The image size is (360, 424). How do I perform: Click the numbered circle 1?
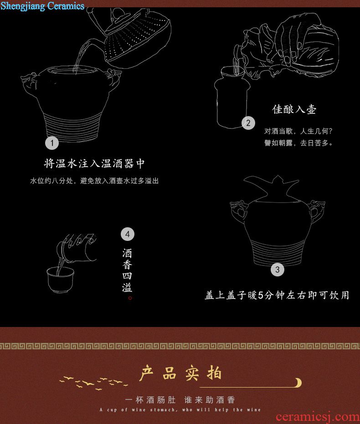click(52, 143)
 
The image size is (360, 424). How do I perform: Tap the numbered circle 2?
click(248, 123)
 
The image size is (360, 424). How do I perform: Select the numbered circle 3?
click(277, 270)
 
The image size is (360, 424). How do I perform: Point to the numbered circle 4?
click(128, 234)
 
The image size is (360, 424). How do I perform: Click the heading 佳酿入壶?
click(294, 109)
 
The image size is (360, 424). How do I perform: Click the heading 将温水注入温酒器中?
click(94, 163)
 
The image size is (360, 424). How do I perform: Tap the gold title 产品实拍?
click(180, 373)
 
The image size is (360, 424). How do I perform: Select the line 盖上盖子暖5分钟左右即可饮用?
click(277, 295)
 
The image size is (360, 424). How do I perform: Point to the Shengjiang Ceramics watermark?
click(42, 5)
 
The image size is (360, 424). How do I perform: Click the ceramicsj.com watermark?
click(318, 417)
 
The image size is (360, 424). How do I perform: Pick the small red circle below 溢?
click(130, 298)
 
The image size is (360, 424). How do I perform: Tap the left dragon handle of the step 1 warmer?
click(30, 80)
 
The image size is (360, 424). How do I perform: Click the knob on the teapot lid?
click(118, 14)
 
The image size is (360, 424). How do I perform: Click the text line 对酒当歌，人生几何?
click(298, 131)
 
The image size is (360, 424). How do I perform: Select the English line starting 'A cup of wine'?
click(180, 410)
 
